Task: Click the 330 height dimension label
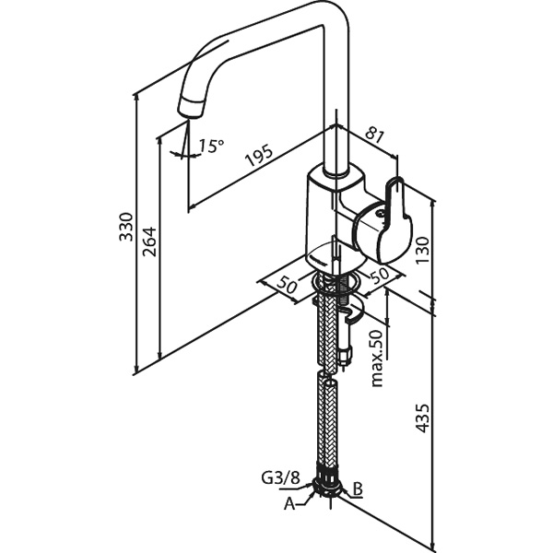pyautogui.click(x=126, y=227)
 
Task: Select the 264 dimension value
pyautogui.click(x=149, y=241)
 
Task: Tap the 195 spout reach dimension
pyautogui.click(x=260, y=155)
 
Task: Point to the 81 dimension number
pyautogui.click(x=374, y=135)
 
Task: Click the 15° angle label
pyautogui.click(x=211, y=146)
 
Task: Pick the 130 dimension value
pyautogui.click(x=422, y=250)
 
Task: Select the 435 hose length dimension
pyautogui.click(x=422, y=418)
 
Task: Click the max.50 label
pyautogui.click(x=377, y=358)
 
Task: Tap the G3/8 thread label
pyautogui.click(x=281, y=477)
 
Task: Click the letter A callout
pyautogui.click(x=289, y=504)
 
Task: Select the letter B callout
pyautogui.click(x=358, y=489)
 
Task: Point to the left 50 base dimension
pyautogui.click(x=287, y=284)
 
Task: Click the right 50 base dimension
pyautogui.click(x=379, y=275)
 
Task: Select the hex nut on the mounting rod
pyautogui.click(x=345, y=355)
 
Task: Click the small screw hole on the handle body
pyautogui.click(x=380, y=214)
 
